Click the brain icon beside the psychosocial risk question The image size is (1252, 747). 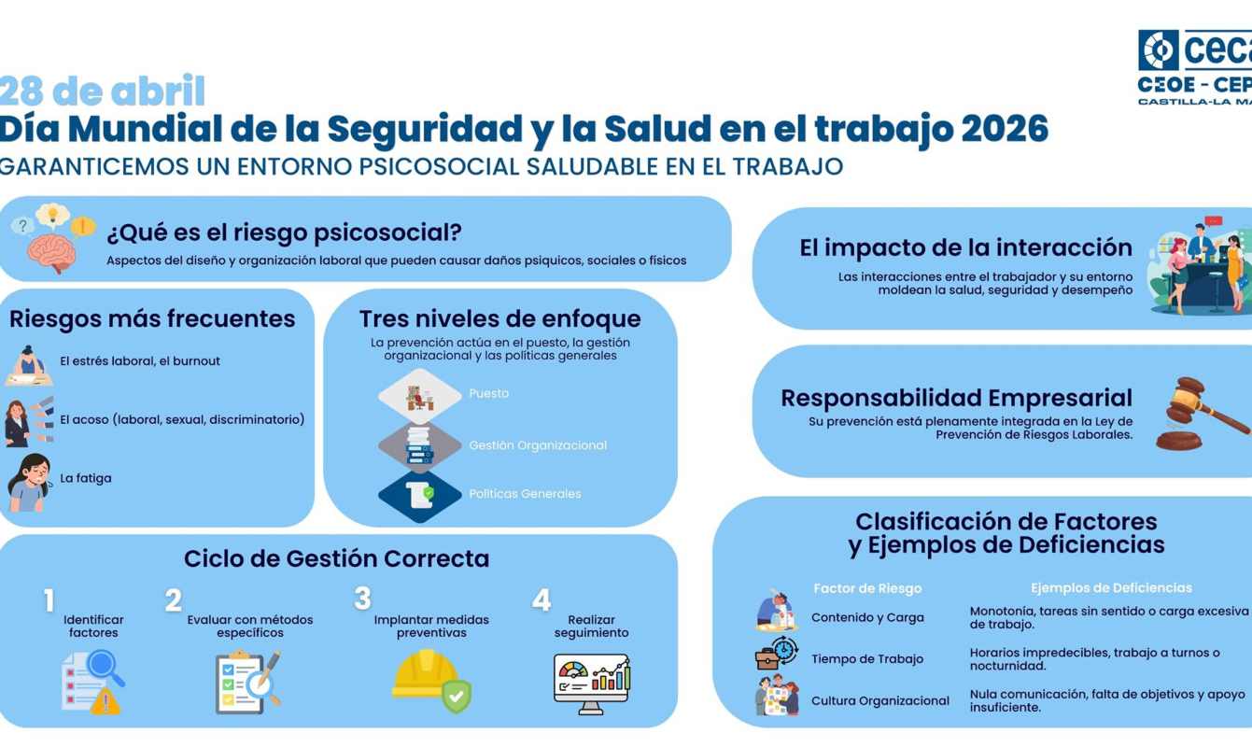click(50, 250)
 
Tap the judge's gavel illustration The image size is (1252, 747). click(1203, 414)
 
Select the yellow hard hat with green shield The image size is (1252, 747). click(429, 680)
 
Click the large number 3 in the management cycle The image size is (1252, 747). click(362, 599)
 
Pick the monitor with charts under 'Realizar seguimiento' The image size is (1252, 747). click(592, 683)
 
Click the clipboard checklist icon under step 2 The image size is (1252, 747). click(246, 682)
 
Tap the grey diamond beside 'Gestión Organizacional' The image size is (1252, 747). click(419, 445)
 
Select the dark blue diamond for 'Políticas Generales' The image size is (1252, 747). click(419, 495)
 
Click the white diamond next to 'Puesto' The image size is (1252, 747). click(419, 395)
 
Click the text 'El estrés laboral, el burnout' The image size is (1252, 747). click(140, 361)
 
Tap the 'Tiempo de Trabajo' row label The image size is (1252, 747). click(866, 659)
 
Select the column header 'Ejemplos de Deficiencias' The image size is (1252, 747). click(1111, 588)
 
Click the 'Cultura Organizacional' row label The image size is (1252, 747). click(879, 701)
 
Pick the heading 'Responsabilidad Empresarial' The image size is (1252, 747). click(956, 398)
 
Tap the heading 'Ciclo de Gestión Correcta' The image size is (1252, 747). click(336, 558)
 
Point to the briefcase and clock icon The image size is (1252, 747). click(776, 654)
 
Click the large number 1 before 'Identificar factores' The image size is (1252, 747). click(49, 600)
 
